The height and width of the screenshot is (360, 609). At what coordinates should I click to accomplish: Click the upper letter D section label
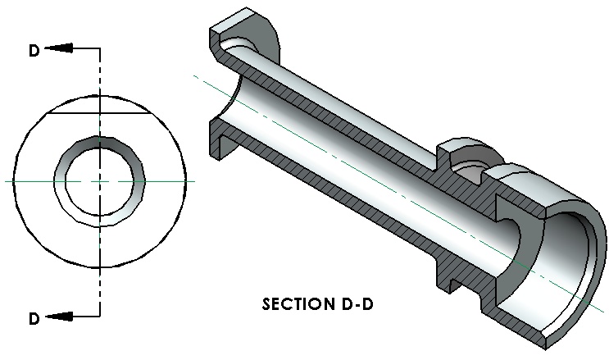[34, 50]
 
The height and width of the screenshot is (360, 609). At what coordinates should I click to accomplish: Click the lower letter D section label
[34, 318]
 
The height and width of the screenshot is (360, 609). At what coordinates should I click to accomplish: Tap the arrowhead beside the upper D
[59, 48]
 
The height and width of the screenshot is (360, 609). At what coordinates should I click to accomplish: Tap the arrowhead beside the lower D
[59, 317]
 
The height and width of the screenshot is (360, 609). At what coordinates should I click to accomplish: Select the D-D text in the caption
[357, 304]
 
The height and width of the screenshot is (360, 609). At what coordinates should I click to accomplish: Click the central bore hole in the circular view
[100, 181]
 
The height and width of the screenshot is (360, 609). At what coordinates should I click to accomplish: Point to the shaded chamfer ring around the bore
[99, 142]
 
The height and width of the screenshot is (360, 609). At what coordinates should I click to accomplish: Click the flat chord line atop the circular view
[98, 113]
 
